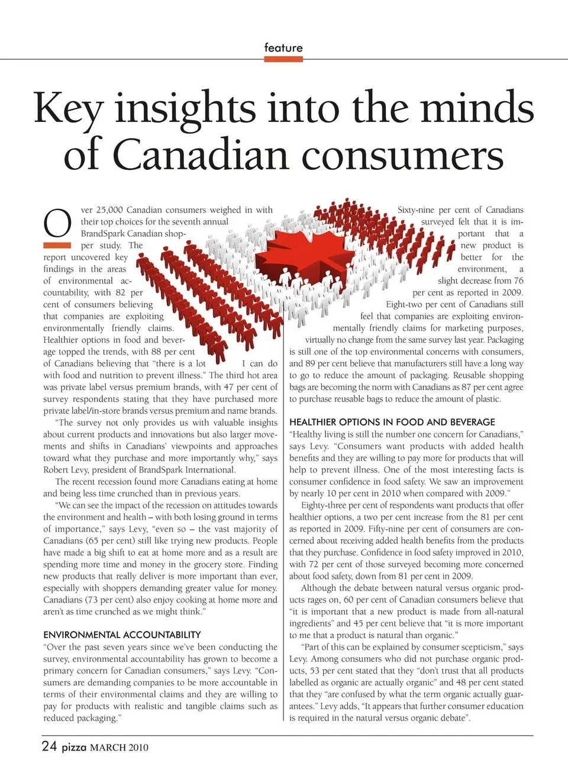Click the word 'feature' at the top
[283, 48]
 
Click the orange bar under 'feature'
[283, 59]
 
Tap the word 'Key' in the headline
[68, 108]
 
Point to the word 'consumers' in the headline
[403, 155]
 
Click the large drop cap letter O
[57, 224]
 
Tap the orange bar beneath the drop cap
[57, 244]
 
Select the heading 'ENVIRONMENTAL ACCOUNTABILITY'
[122, 634]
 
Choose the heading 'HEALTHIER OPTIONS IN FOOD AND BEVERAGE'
[392, 422]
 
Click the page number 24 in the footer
[49, 746]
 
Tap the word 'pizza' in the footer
[74, 747]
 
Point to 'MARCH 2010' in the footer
[119, 748]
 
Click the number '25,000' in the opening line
[109, 210]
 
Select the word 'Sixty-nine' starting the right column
[415, 210]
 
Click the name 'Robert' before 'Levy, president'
[56, 469]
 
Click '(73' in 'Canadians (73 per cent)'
[92, 600]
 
